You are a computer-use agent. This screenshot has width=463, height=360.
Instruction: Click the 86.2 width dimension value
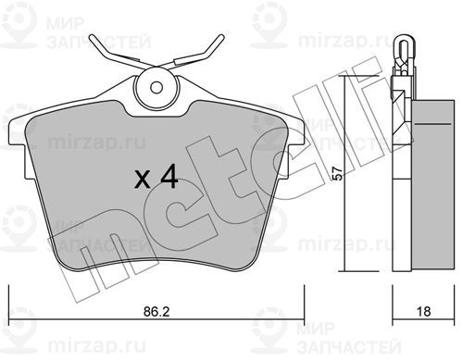click(x=156, y=312)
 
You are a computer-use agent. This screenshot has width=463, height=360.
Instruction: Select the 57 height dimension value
click(x=339, y=173)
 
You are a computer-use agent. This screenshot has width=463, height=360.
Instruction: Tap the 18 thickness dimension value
click(x=423, y=312)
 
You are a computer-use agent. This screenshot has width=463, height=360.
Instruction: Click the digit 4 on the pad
click(x=169, y=176)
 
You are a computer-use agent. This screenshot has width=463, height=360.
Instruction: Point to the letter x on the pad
click(x=143, y=180)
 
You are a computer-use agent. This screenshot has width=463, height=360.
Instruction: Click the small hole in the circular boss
click(x=156, y=88)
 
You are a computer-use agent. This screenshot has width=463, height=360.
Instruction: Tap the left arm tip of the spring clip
click(x=92, y=38)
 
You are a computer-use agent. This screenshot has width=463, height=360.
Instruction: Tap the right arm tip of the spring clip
click(x=221, y=37)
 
